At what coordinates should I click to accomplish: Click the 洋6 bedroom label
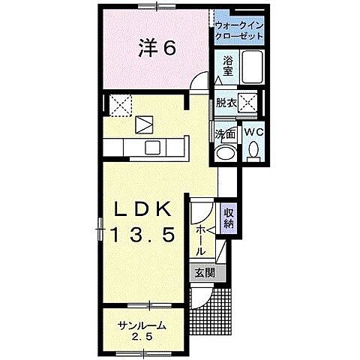157,48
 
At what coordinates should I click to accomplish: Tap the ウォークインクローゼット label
239,31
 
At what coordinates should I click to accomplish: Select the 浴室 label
228,66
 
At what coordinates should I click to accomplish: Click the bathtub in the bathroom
252,67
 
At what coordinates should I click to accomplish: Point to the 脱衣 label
226,103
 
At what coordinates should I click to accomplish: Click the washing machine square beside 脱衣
247,103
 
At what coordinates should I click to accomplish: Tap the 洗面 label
226,134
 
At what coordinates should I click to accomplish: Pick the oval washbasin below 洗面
226,153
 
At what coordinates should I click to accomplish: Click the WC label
253,132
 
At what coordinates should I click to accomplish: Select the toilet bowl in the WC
253,149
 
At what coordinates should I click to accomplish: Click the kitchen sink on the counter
152,148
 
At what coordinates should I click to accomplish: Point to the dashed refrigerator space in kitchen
121,106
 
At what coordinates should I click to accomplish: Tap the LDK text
142,209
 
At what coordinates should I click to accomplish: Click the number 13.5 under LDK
143,235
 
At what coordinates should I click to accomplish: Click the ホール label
200,241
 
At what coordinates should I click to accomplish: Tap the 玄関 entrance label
205,273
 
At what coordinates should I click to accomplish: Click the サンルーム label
142,326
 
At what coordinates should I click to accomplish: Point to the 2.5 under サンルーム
142,337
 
